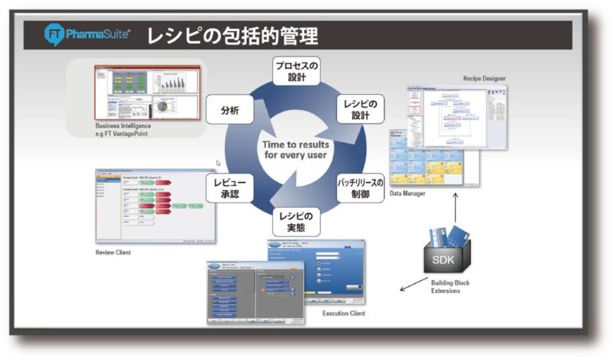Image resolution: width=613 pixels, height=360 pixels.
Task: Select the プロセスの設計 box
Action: pyautogui.click(x=296, y=69)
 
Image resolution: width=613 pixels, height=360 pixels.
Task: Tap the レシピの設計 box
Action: pyautogui.click(x=364, y=109)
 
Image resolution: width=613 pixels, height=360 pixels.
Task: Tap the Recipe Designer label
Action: pyautogui.click(x=484, y=78)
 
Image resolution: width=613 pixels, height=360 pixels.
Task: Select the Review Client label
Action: pyautogui.click(x=113, y=252)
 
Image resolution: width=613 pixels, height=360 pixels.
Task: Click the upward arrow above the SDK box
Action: pyautogui.click(x=455, y=209)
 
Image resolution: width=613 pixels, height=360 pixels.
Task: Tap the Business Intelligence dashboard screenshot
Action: pyautogui.click(x=146, y=92)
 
